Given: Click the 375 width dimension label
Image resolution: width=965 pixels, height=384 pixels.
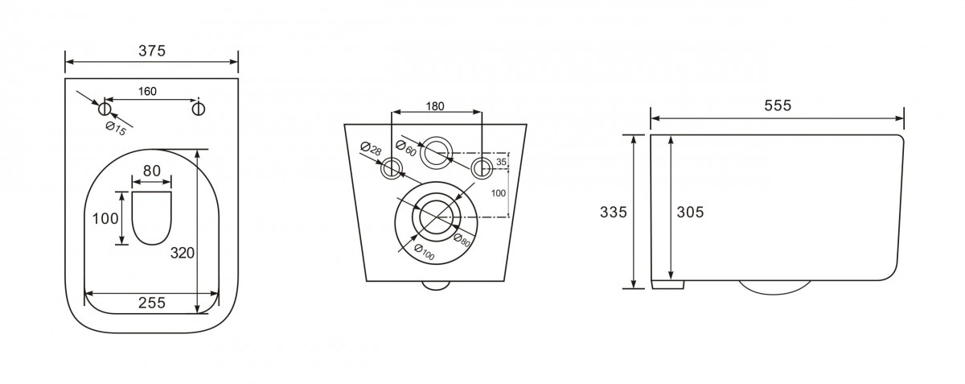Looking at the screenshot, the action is coord(152,51).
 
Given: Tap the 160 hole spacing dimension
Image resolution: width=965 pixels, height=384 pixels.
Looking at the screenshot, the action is coord(147,92).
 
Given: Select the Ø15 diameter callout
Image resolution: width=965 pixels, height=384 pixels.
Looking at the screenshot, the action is coord(117,128).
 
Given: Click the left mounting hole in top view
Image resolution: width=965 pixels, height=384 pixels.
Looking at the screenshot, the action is coord(105,109).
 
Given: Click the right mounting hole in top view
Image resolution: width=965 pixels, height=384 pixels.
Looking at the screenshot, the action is coord(198,109).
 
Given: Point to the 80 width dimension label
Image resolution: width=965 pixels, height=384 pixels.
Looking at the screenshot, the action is coord(152,171).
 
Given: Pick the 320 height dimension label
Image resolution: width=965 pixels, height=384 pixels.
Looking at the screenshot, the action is coord(183,253).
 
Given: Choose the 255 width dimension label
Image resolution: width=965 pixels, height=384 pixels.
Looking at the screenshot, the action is coord(152,303).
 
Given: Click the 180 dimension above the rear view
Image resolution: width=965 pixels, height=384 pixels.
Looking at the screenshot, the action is coord(435,106).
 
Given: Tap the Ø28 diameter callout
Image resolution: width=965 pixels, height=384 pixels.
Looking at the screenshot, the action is coord(371,148).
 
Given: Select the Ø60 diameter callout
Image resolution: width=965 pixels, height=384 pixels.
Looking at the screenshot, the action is coord(406,148).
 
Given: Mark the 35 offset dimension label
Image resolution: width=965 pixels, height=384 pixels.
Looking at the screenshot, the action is coord(501,162).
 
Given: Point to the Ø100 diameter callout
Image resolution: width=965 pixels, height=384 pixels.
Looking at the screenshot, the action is coord(424,252).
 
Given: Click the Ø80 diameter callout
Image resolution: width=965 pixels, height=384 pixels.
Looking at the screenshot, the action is coord(462,240).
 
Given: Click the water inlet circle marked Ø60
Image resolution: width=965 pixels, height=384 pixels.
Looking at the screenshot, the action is coord(437,153).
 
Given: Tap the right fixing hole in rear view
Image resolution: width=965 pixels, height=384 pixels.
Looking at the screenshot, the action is coord(482,168).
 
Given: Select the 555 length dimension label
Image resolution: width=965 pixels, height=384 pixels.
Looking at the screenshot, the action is coord(778,105).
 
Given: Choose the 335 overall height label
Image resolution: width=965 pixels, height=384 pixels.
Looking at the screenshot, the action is coord(614,212).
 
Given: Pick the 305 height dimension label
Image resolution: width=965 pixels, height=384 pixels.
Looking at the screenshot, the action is coord(690,212).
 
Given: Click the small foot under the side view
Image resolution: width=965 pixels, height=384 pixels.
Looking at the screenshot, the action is coord(667,284).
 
